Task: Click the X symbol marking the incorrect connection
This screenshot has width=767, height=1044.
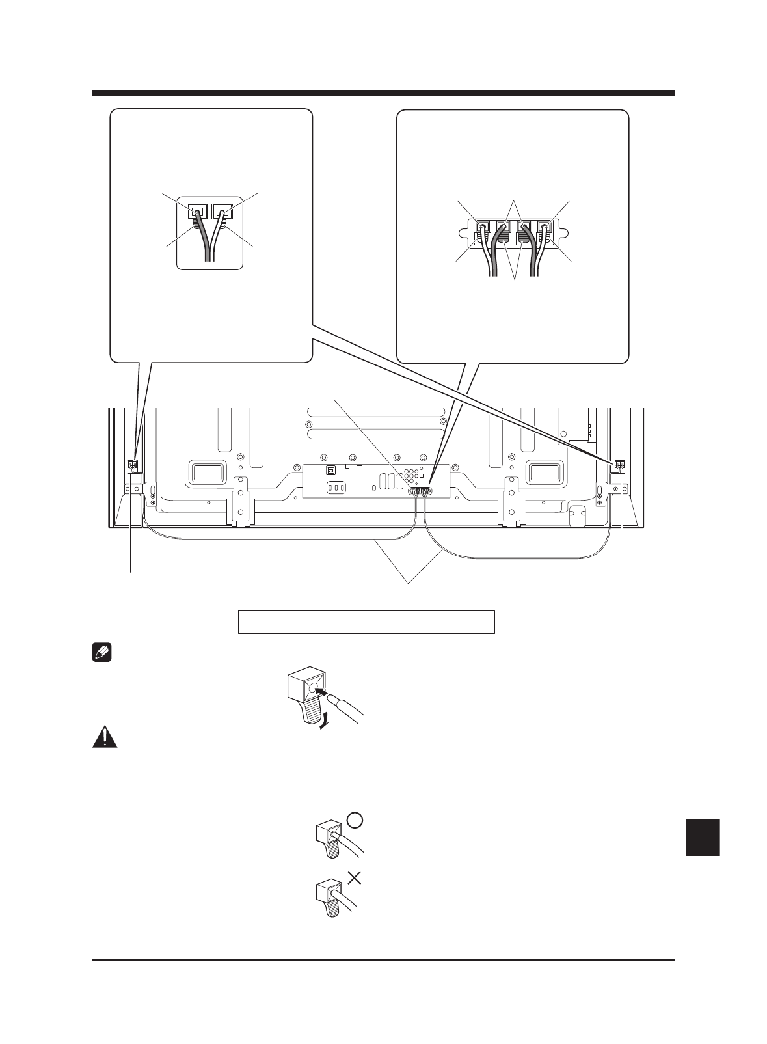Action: click(x=354, y=878)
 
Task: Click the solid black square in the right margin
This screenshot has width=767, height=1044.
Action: click(x=702, y=838)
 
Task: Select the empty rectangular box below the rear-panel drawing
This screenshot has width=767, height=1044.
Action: click(x=366, y=622)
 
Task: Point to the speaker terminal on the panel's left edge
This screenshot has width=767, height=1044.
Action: click(x=133, y=465)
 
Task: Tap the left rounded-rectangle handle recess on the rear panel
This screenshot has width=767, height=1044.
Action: click(x=206, y=473)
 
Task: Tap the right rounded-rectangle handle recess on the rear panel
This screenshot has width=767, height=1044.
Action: click(x=545, y=473)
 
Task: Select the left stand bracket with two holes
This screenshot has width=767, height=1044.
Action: click(x=240, y=499)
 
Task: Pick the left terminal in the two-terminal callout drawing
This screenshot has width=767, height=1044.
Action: click(x=196, y=212)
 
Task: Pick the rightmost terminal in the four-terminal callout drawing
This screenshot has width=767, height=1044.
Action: click(x=545, y=230)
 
